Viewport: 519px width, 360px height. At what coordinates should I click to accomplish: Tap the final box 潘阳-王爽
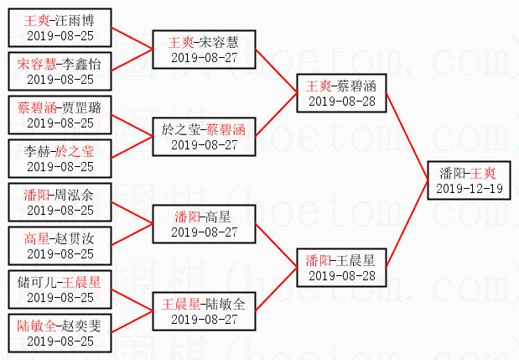click(x=470, y=180)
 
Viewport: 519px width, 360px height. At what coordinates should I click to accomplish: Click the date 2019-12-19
click(x=470, y=188)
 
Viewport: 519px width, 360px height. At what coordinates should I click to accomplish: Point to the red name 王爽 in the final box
click(x=482, y=173)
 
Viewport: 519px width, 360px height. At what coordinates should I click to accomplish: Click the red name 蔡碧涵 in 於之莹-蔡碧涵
click(x=226, y=130)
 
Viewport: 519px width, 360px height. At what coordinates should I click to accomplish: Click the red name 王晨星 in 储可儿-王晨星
click(x=80, y=283)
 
